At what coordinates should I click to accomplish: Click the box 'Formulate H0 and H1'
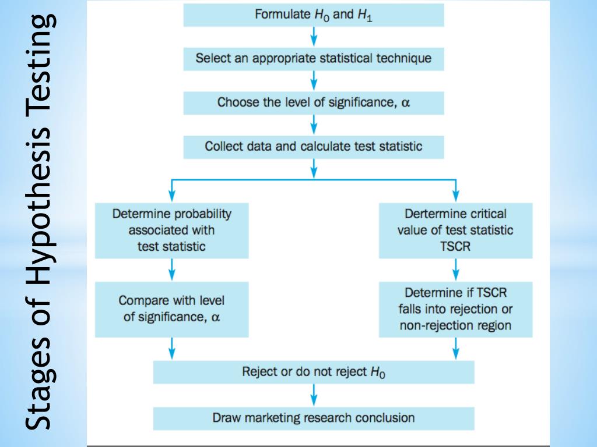314,15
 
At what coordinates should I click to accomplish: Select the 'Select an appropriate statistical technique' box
314,59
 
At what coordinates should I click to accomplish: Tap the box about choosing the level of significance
314,103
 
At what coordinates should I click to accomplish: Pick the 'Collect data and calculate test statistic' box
314,147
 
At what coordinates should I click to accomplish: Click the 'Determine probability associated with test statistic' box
171,230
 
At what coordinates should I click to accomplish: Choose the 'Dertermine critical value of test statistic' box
455,230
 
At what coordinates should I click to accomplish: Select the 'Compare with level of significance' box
171,309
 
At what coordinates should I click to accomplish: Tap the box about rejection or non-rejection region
455,309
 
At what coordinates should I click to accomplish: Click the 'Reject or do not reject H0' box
314,372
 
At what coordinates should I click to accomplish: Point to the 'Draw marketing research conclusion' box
314,418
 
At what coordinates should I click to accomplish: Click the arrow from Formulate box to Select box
314,37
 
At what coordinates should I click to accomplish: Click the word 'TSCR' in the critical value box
455,246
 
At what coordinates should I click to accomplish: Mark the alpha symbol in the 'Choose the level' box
406,103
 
